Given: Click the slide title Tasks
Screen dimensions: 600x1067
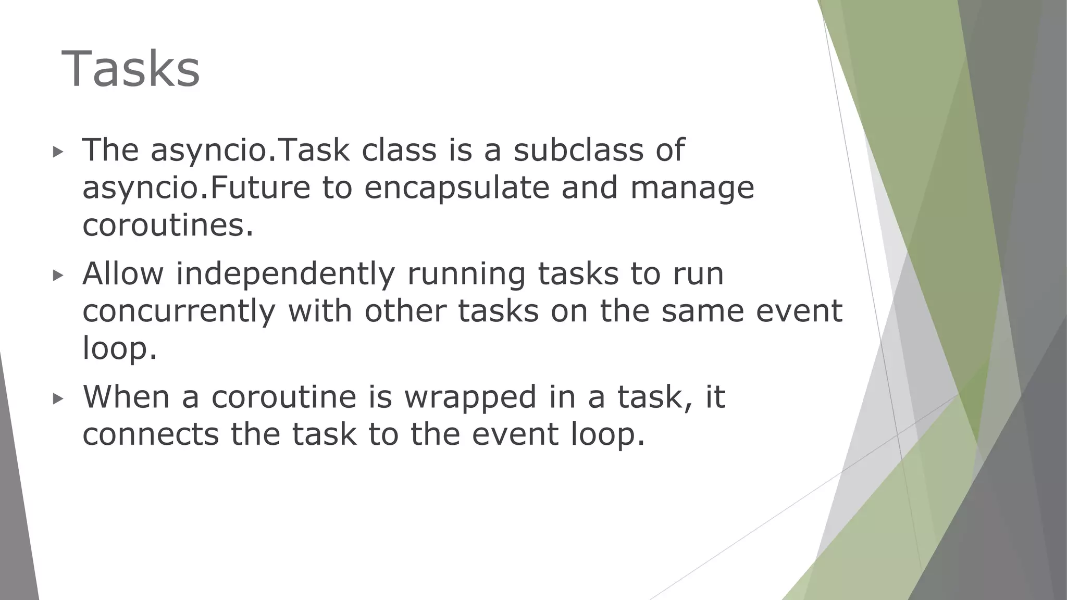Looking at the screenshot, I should (131, 69).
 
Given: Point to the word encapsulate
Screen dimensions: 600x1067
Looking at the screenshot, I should (457, 188).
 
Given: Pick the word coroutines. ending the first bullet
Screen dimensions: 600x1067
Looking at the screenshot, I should (168, 226).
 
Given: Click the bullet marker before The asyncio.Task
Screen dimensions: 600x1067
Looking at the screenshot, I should (58, 152).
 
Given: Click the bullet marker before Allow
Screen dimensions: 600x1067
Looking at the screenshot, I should (58, 276).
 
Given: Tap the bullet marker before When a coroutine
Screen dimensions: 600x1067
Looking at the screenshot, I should (58, 399).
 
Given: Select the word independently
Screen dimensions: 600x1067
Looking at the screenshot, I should (286, 274).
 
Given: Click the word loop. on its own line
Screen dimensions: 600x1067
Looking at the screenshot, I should (119, 348).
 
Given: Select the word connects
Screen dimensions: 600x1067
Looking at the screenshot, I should (151, 434).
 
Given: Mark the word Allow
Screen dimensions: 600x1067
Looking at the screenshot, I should (123, 274).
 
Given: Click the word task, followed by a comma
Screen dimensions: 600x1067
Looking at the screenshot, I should (655, 397).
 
